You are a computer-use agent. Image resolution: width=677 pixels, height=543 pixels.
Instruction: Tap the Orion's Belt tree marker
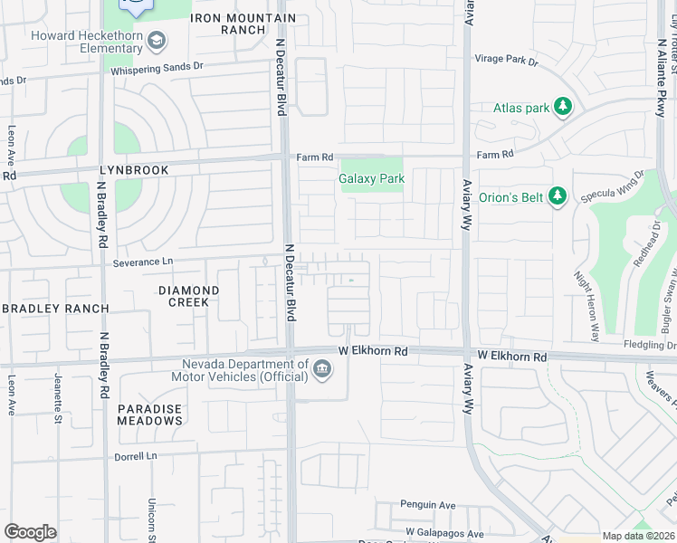(x=558, y=195)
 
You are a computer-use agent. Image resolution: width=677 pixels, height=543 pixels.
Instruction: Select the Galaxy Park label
(x=371, y=178)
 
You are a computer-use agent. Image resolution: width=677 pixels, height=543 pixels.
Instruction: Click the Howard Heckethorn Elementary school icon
(x=157, y=40)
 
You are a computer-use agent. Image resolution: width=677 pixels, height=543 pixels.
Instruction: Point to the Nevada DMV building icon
(x=322, y=368)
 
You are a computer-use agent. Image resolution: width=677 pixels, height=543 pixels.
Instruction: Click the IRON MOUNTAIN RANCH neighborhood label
(x=244, y=24)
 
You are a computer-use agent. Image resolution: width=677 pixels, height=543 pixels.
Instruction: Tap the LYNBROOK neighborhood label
(x=136, y=170)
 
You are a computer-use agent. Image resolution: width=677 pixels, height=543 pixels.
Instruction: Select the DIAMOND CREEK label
(x=189, y=296)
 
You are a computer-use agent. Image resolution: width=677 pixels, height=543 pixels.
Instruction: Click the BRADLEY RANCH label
(x=55, y=309)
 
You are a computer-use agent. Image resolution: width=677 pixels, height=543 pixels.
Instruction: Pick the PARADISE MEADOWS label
(x=150, y=414)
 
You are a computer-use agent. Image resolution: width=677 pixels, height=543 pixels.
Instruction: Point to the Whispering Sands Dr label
(x=157, y=68)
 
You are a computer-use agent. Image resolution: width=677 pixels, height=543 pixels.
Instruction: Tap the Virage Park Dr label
(x=507, y=62)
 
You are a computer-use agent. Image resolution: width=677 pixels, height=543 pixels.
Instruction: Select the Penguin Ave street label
(x=428, y=505)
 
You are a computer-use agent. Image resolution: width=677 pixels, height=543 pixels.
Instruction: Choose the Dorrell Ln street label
(x=136, y=456)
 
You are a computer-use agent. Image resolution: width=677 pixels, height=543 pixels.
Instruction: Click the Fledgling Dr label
(x=650, y=345)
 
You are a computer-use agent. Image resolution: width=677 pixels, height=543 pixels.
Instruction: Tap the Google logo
(x=30, y=532)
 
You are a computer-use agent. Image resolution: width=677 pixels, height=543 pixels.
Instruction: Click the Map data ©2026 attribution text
(x=638, y=536)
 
